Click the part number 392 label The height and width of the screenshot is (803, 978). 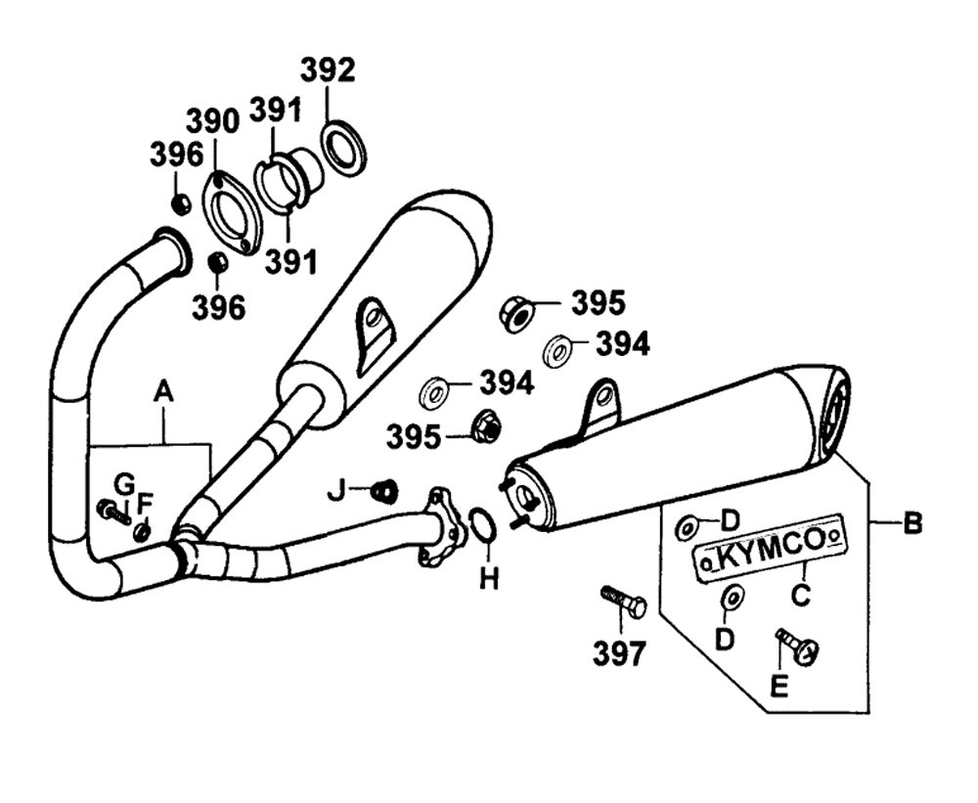[x=328, y=70]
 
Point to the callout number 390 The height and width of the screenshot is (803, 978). [x=212, y=120]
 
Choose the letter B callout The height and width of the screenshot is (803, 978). [x=912, y=525]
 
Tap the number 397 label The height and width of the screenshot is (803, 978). [x=619, y=652]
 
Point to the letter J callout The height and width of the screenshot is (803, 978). [x=336, y=490]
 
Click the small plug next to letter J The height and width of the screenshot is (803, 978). [x=386, y=488]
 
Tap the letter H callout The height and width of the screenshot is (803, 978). [x=489, y=580]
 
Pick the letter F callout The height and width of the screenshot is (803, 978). [x=145, y=504]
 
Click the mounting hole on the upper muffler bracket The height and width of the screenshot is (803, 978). [x=373, y=315]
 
